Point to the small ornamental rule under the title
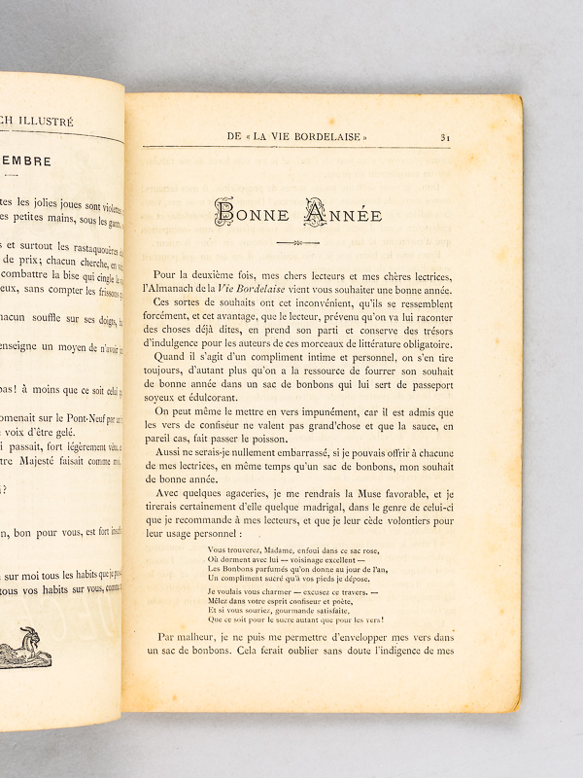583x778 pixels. (x=296, y=242)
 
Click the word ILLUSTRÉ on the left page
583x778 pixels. (x=60, y=122)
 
